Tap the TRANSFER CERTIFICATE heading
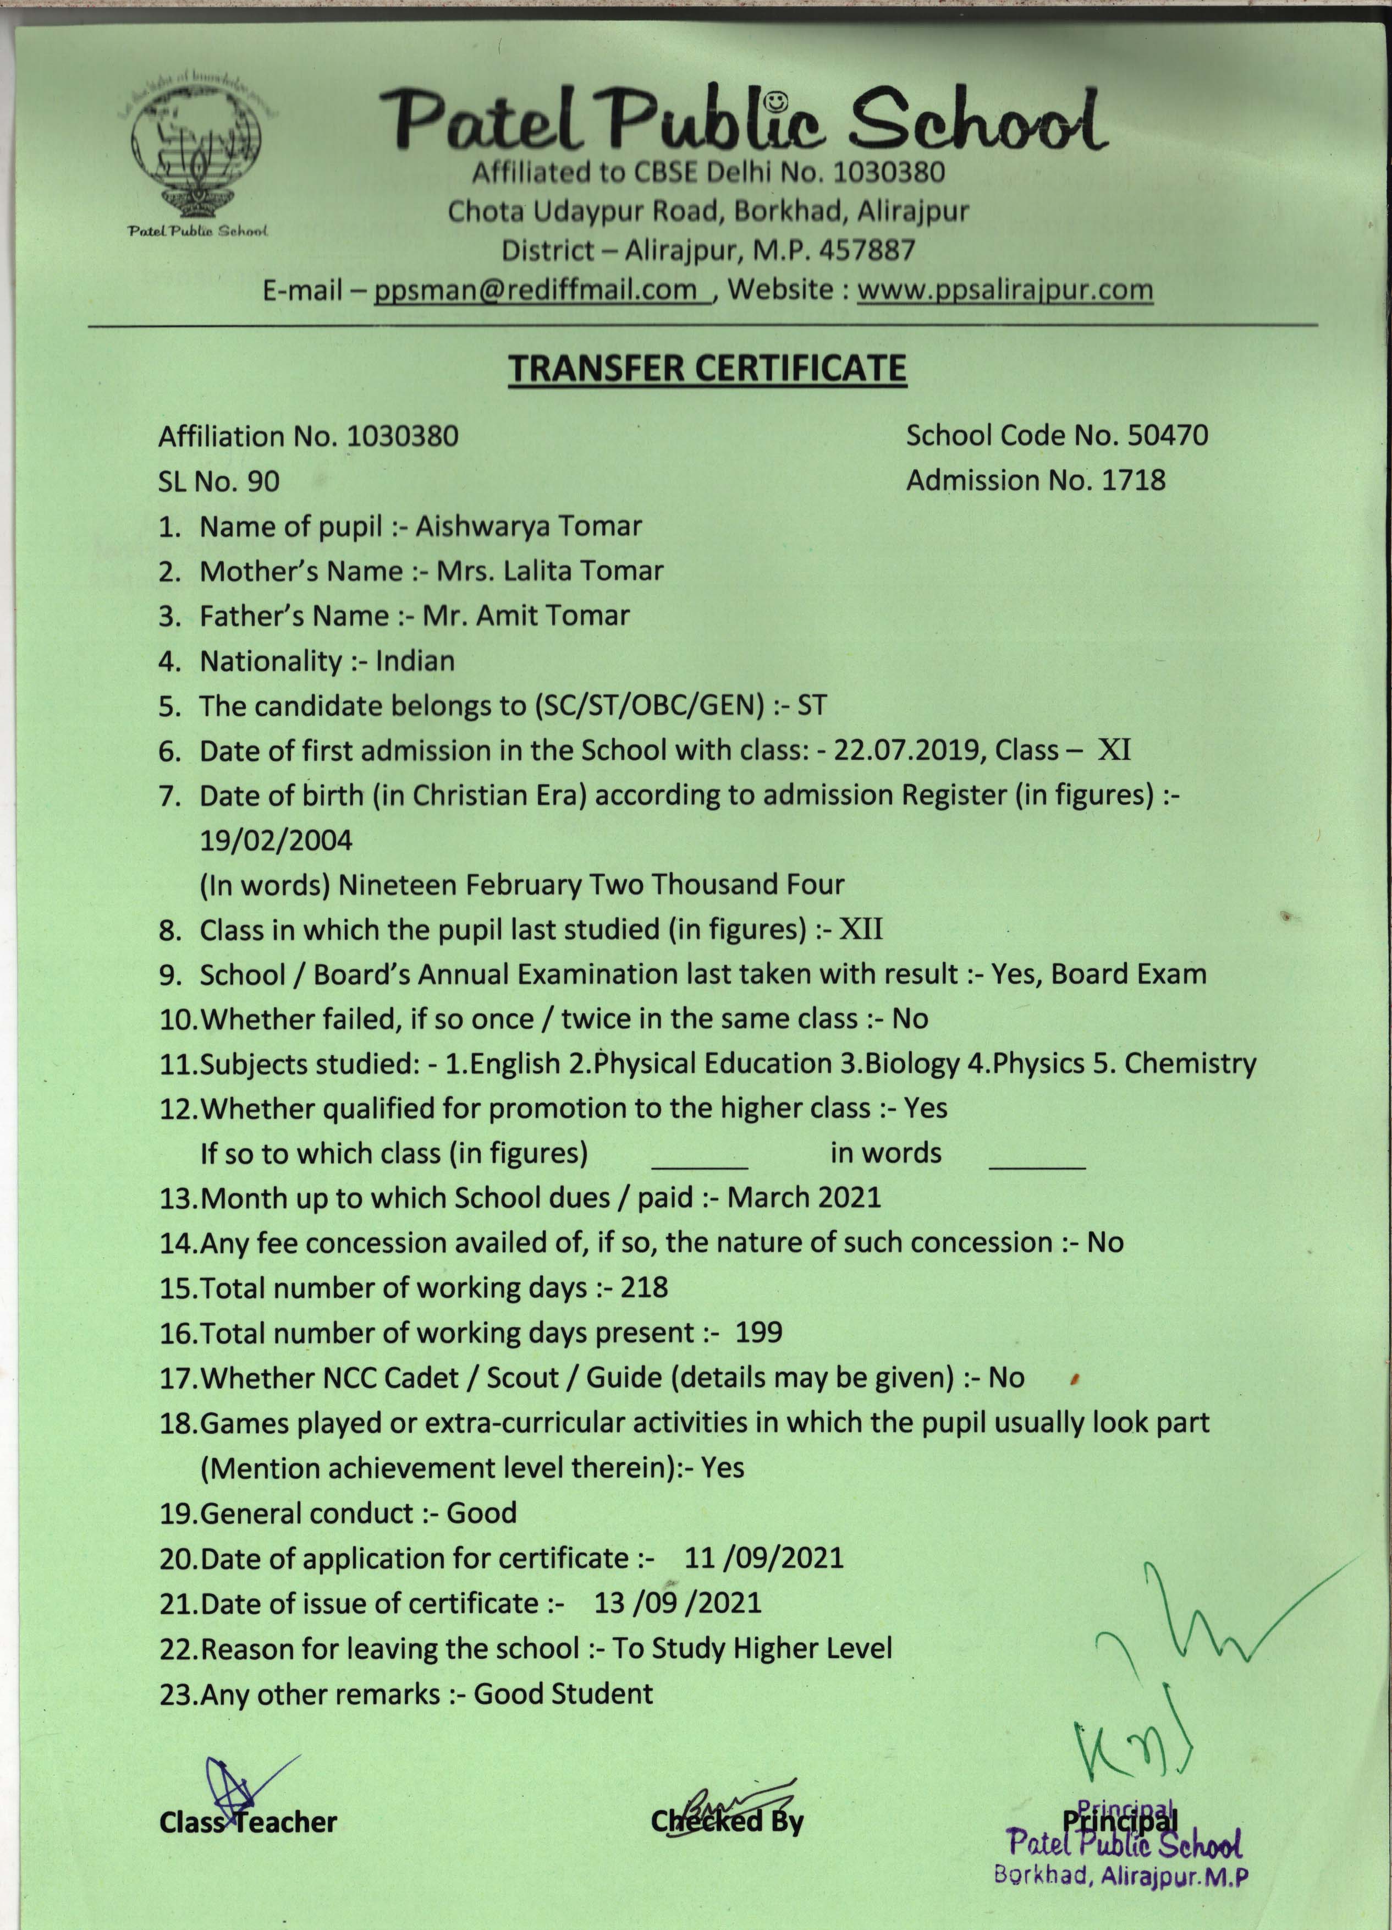pos(707,369)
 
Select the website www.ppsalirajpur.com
pos(1004,290)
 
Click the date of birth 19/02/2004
pos(275,841)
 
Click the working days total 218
pos(643,1287)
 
